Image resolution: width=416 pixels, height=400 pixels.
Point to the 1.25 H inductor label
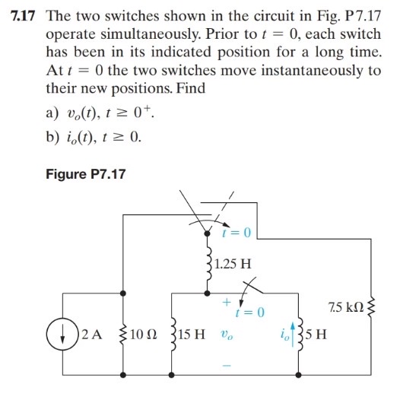[233, 265]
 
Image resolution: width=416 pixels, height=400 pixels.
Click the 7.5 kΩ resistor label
[343, 306]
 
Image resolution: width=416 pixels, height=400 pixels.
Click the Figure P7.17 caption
[84, 174]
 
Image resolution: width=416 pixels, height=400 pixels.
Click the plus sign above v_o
[226, 302]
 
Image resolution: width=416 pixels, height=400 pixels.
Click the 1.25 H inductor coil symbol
[208, 266]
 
